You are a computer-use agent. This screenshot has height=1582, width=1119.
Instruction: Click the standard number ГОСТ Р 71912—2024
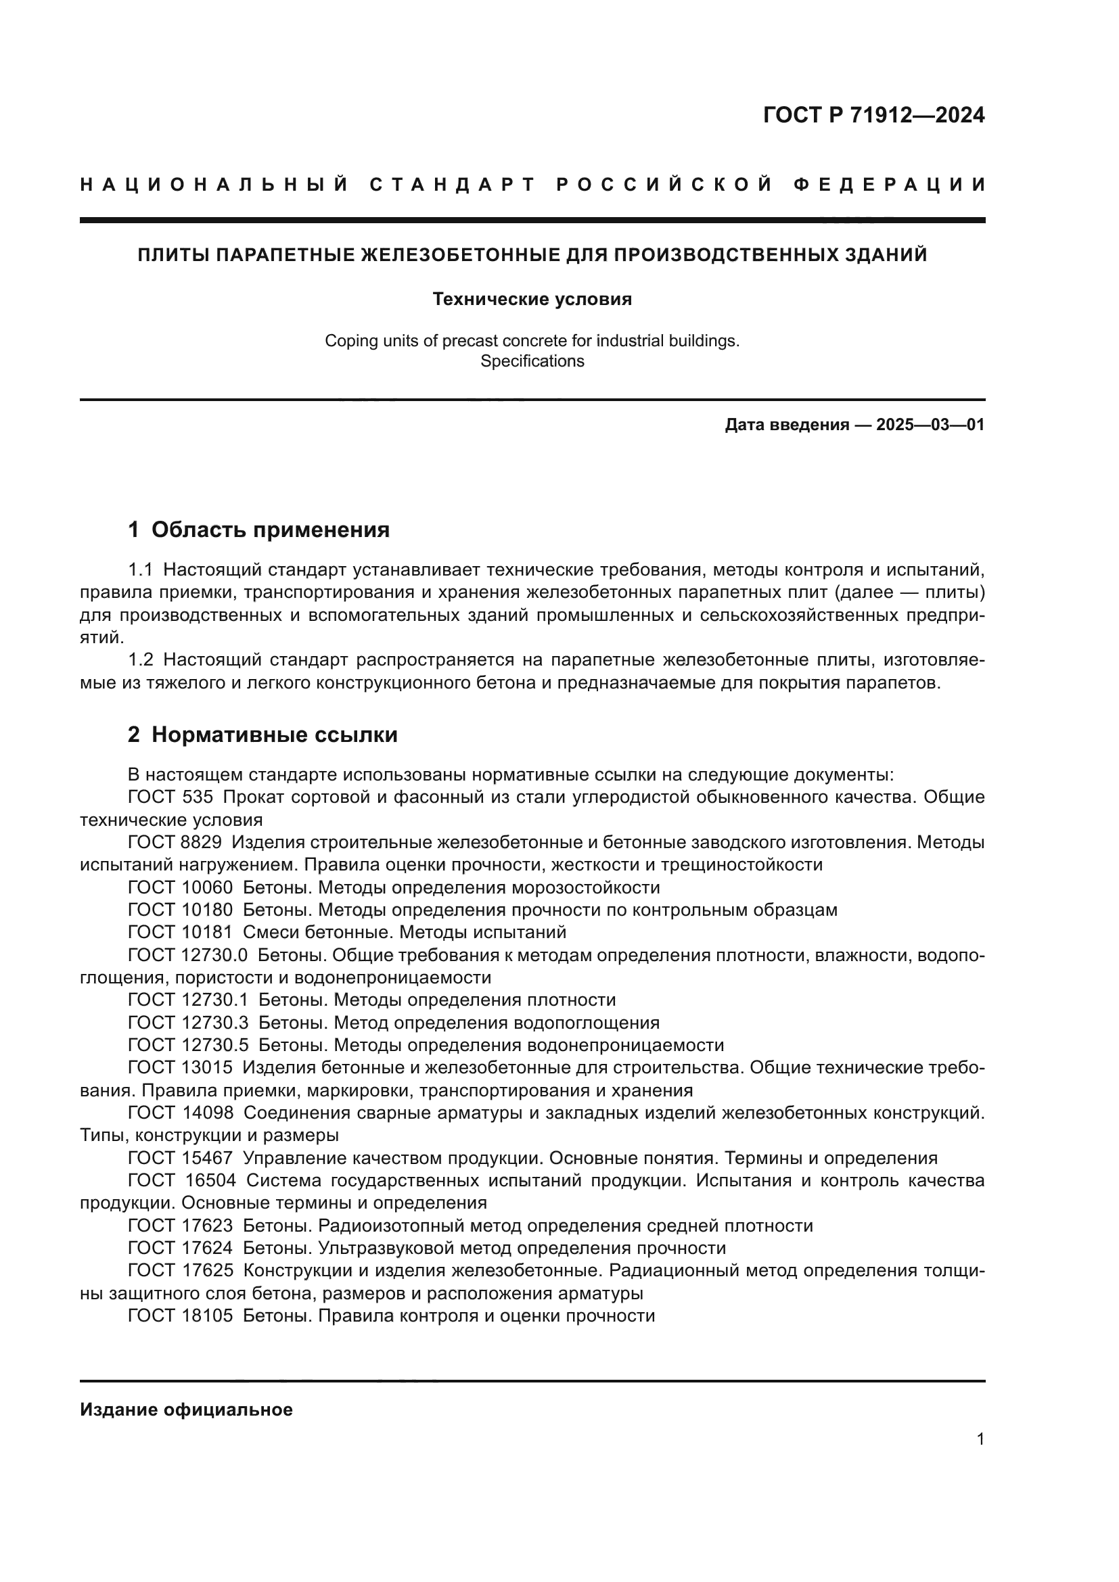click(873, 115)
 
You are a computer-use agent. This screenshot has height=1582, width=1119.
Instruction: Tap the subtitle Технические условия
click(532, 299)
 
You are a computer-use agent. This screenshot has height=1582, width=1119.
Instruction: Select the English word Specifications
click(532, 361)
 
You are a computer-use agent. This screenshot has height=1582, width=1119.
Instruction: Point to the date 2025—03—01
click(930, 425)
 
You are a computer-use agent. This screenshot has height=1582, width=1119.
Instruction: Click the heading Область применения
click(270, 530)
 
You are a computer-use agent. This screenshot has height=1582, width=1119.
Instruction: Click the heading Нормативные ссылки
click(274, 735)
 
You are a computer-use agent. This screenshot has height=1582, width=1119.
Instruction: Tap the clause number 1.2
click(141, 660)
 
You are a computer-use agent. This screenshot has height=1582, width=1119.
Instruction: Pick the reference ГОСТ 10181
click(181, 932)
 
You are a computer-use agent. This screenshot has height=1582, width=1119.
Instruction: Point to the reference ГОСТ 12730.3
click(188, 1023)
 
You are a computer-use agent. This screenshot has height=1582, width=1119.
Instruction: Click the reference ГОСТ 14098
click(181, 1113)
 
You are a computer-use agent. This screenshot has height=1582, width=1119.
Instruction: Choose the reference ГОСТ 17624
click(181, 1248)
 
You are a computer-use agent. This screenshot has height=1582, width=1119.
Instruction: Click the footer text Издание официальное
click(186, 1410)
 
